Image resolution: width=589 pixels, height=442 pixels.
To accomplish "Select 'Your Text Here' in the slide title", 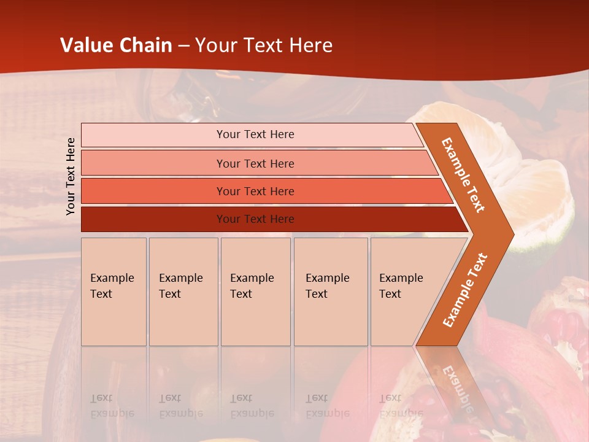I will [x=264, y=45].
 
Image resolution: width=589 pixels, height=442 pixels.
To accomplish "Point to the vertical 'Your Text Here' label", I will [x=71, y=176].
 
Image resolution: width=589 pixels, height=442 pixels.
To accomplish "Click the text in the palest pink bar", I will [x=255, y=134].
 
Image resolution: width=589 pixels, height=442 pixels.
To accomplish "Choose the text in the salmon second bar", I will [x=255, y=163].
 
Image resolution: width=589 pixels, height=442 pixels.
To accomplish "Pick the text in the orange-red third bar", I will [x=255, y=191].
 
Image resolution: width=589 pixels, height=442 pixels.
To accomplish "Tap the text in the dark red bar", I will [x=255, y=219].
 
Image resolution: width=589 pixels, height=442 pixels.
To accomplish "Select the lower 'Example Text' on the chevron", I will [x=465, y=290].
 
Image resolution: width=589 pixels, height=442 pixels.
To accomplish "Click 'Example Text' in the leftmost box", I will [x=112, y=286].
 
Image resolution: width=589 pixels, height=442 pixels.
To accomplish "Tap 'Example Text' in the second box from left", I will [x=180, y=286].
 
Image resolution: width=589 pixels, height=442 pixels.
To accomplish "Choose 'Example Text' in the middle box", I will [x=252, y=286].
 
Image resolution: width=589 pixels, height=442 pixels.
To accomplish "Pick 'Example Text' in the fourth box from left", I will [x=327, y=286].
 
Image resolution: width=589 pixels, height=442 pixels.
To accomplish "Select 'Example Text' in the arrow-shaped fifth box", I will [x=401, y=286].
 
